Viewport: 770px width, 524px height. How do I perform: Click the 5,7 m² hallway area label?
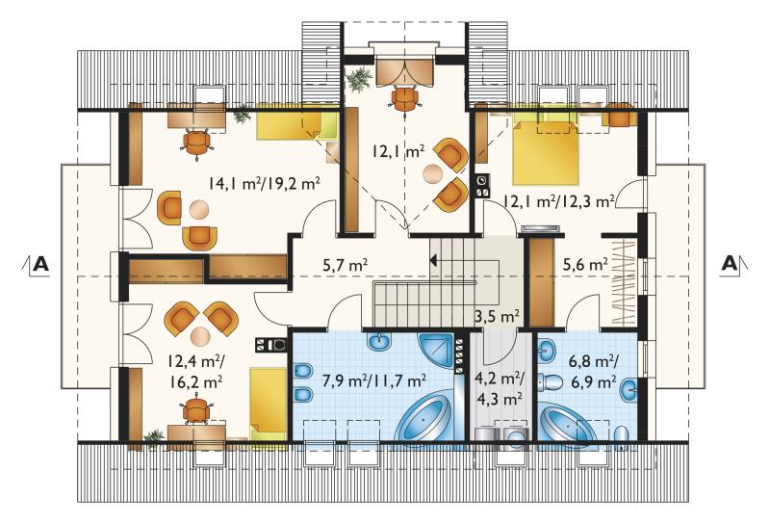coord(346,266)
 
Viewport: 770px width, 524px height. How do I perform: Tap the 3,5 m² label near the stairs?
coord(497,316)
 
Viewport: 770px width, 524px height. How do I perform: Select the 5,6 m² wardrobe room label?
coord(585,265)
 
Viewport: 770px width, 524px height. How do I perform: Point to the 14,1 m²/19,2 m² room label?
coord(264,184)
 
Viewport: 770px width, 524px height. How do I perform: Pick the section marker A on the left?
coord(41,265)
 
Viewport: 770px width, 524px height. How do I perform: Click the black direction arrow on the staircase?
coord(434,260)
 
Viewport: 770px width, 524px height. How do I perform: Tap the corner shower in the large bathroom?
coord(436,350)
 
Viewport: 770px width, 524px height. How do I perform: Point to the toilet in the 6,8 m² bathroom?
coord(552,381)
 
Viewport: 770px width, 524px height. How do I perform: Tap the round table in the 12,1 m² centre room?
coord(432,173)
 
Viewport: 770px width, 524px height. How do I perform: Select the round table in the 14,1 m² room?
coord(199,210)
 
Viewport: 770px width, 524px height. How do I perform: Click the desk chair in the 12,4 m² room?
coord(196,411)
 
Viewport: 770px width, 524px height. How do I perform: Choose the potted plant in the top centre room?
coord(359,79)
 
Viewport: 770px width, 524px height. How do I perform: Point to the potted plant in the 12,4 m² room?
coord(154,436)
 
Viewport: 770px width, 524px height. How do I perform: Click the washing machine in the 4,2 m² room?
coord(514,436)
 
